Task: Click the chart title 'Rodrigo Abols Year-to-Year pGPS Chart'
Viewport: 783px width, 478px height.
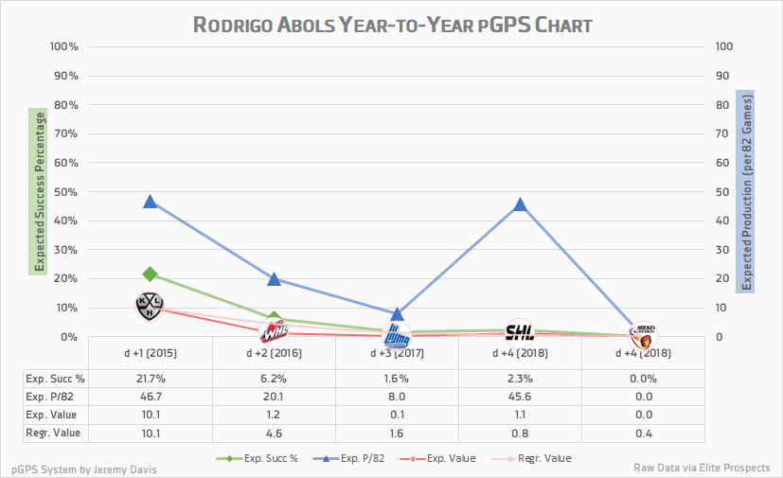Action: [391, 24]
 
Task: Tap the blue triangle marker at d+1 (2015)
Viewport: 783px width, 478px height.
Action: [151, 202]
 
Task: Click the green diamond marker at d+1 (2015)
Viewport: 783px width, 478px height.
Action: [151, 274]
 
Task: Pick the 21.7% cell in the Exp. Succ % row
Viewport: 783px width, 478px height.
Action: [151, 379]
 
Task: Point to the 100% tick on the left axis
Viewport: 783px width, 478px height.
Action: [63, 46]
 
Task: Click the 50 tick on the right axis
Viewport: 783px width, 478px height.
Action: [723, 192]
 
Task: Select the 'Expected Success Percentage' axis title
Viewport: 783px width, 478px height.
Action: [41, 191]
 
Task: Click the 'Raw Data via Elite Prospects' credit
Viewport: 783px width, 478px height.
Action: [702, 468]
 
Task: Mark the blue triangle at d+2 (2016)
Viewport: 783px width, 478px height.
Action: [274, 278]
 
